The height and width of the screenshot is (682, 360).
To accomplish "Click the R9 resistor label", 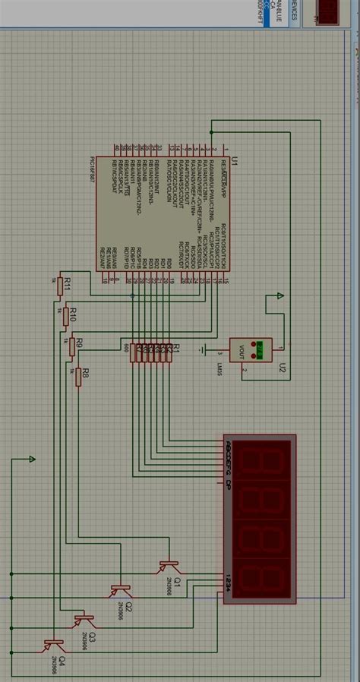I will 78,345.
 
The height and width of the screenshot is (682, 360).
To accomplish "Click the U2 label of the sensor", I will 282,369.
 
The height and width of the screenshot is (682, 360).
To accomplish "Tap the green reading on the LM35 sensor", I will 260,349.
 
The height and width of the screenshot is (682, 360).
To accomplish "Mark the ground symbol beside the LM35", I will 204,349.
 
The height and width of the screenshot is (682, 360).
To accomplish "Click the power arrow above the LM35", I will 280,296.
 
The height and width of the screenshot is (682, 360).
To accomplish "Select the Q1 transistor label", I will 176,580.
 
